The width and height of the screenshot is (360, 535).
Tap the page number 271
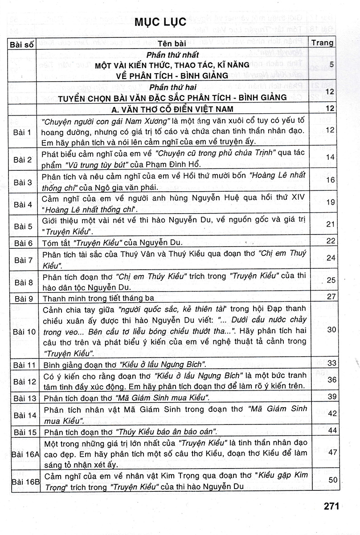[x=331, y=506]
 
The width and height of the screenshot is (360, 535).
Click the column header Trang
[x=323, y=43]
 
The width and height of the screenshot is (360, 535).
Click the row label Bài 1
[x=23, y=132]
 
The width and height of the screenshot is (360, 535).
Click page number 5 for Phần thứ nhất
[x=331, y=65]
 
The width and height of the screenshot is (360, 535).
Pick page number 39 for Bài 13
[x=330, y=396]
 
